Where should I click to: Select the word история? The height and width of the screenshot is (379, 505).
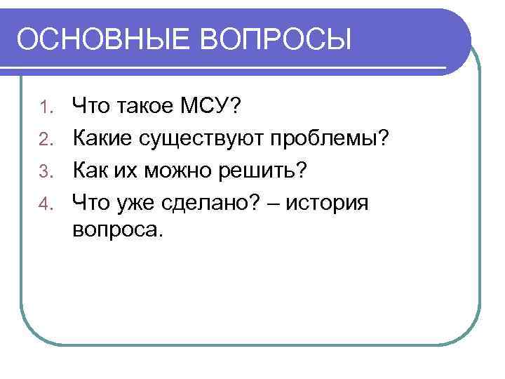(328, 204)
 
